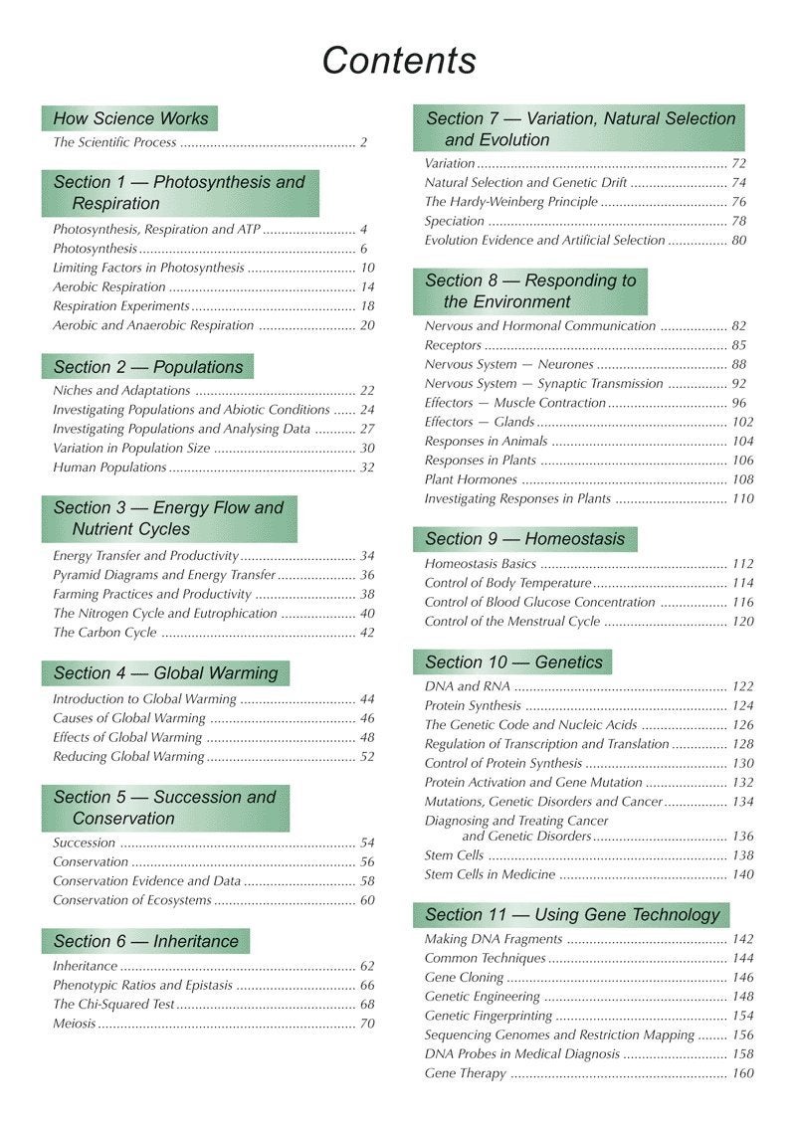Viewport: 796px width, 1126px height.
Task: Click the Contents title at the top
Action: [399, 61]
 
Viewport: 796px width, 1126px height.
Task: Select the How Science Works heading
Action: [130, 118]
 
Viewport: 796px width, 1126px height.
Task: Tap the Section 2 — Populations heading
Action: [147, 367]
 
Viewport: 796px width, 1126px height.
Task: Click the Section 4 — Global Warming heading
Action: [165, 673]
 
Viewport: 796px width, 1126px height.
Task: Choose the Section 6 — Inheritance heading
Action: [145, 941]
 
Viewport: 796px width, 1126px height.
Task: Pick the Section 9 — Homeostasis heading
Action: [524, 539]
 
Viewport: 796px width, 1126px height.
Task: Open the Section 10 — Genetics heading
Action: [513, 662]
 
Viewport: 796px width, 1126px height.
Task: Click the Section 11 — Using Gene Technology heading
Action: [571, 915]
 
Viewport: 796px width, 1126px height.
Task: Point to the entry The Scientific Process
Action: [114, 142]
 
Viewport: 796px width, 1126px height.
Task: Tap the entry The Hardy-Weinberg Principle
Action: [510, 202]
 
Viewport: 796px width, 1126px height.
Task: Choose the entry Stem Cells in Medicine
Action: [490, 875]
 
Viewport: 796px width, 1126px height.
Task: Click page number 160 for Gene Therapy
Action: [742, 1074]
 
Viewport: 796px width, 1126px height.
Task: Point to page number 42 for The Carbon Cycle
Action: [366, 633]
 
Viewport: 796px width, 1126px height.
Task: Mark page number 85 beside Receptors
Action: [738, 345]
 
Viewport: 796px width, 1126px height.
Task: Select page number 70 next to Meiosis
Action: [366, 1024]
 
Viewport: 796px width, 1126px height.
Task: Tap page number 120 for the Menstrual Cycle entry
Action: [742, 622]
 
